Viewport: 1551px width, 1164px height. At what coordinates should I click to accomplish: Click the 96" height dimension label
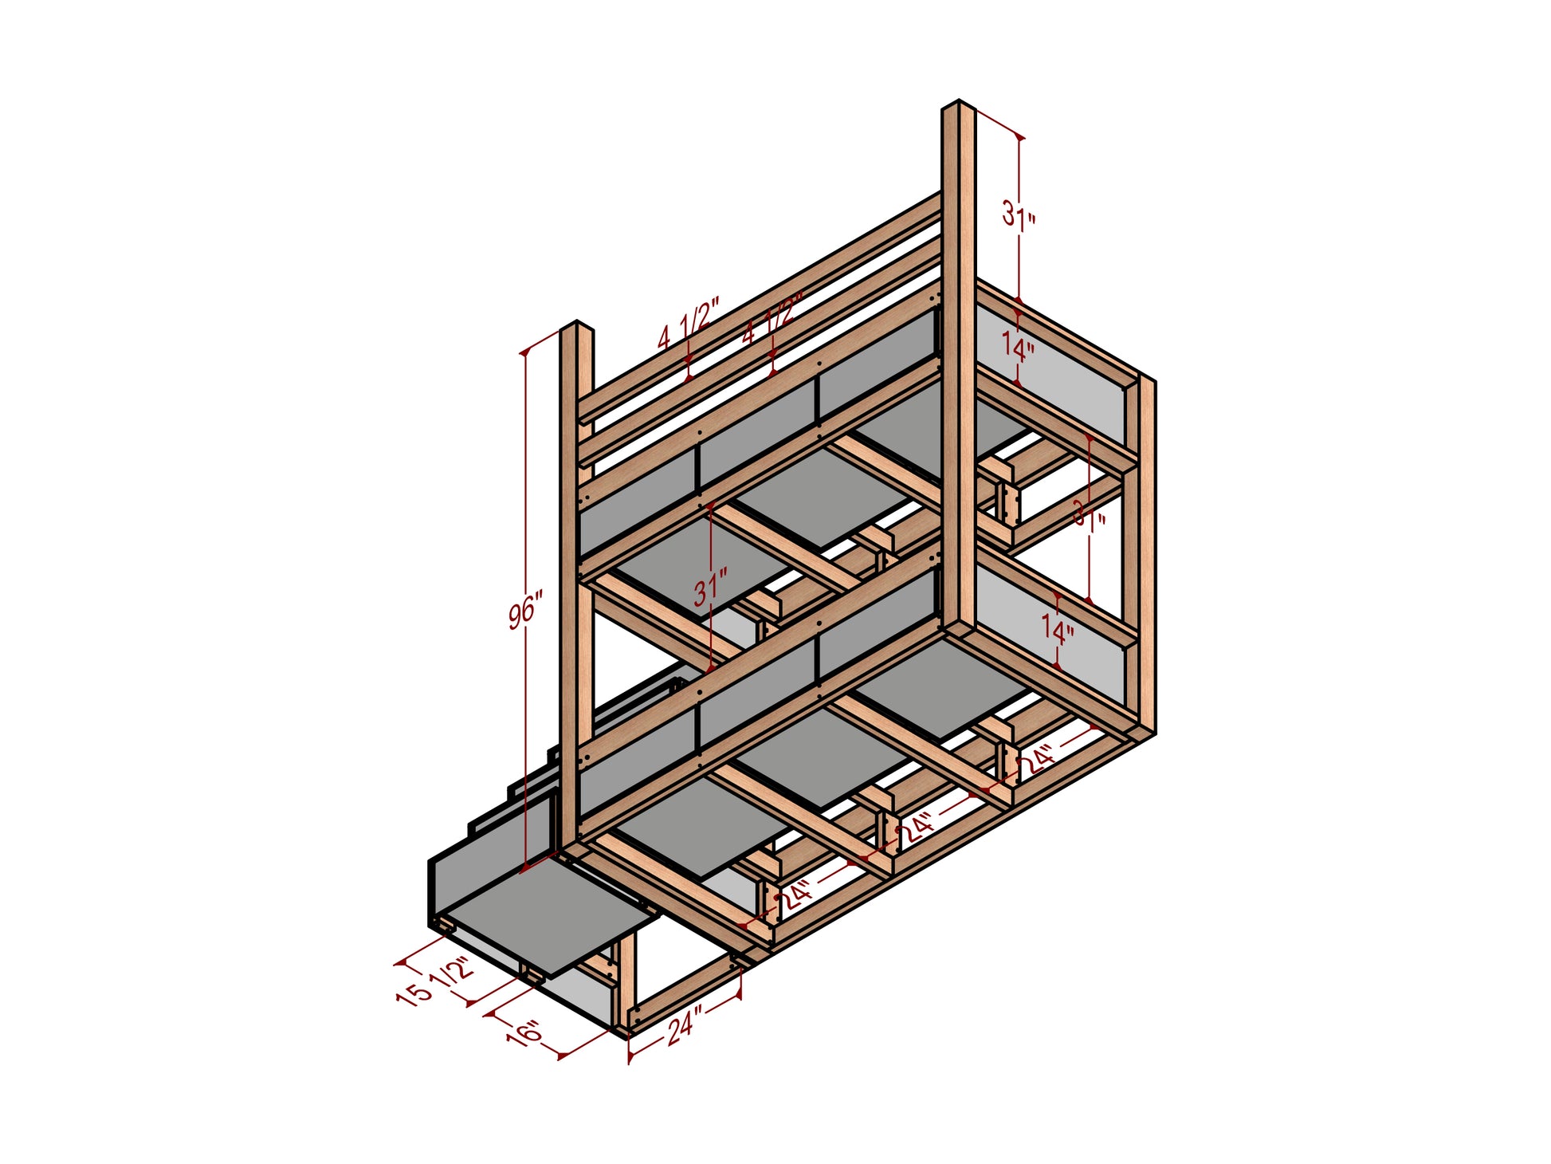click(526, 610)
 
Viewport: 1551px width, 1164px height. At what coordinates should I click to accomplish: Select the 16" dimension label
click(524, 1034)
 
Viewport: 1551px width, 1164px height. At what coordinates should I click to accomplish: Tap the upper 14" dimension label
click(1019, 348)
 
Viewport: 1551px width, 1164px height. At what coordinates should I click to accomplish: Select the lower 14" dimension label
click(1058, 632)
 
